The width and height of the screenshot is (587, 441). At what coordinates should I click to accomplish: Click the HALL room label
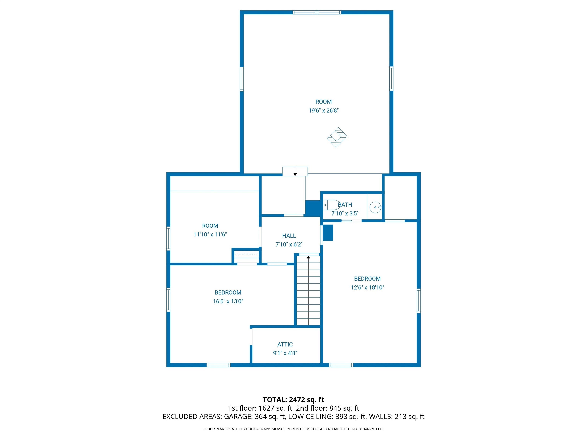(x=289, y=235)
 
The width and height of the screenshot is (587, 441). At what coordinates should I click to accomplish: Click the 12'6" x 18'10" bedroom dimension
(x=367, y=287)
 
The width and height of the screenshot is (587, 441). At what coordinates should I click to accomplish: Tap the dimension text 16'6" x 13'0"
(x=228, y=301)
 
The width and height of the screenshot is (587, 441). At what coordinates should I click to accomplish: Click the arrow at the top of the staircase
(x=308, y=257)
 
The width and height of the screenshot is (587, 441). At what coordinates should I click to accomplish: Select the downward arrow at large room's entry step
(x=295, y=174)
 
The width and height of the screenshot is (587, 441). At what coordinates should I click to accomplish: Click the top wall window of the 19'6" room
(x=317, y=12)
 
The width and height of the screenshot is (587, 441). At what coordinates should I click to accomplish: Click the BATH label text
(x=345, y=205)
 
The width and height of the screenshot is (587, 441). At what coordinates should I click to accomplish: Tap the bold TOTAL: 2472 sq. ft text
(x=293, y=400)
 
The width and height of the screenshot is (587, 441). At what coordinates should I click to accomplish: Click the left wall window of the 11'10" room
(x=168, y=238)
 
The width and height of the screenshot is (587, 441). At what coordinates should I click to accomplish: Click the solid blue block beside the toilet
(x=313, y=208)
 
